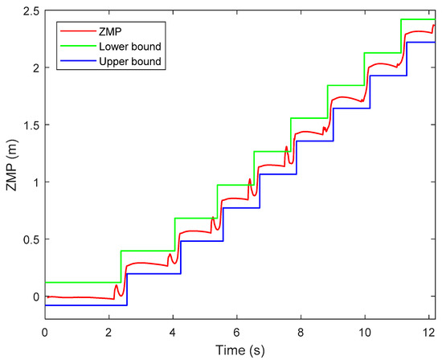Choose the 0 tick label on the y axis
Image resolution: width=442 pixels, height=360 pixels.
[x=34, y=297]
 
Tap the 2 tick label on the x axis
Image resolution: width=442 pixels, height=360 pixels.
[x=109, y=331]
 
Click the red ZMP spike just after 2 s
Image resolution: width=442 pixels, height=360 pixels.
[x=117, y=285]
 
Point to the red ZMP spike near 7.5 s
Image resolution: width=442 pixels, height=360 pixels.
[x=286, y=147]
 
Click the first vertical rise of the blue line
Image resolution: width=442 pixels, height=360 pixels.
[x=127, y=289]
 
